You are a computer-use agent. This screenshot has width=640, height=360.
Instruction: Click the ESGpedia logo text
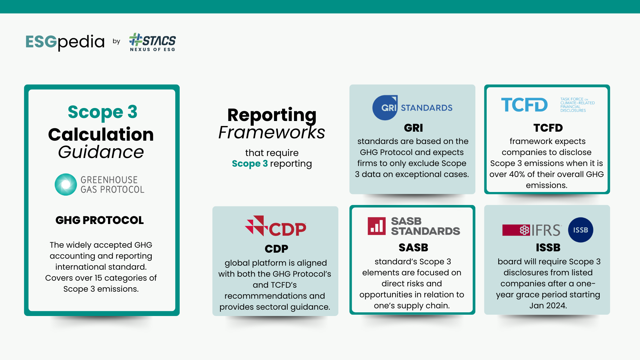tap(65, 42)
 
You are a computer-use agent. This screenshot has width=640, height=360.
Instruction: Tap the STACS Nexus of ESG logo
tap(153, 42)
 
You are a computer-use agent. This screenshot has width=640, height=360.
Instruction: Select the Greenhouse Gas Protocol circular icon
tap(66, 184)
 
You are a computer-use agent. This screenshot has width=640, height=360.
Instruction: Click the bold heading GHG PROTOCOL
tap(100, 220)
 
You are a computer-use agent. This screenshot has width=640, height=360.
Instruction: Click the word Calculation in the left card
tap(101, 134)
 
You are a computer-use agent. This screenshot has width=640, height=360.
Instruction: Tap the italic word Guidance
tap(101, 152)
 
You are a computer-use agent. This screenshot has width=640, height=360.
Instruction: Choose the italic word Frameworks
tap(272, 132)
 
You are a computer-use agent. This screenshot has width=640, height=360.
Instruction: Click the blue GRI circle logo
tap(385, 108)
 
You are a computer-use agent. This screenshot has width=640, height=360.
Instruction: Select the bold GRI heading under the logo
tap(413, 128)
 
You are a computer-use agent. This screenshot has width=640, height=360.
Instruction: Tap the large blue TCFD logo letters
tap(524, 105)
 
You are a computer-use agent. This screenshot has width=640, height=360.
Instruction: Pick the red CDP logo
tap(276, 226)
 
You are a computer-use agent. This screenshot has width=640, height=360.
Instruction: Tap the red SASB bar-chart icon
tap(377, 226)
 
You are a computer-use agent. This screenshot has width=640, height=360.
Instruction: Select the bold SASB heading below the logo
tap(413, 248)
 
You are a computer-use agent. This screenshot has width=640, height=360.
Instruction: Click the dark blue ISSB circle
tap(580, 230)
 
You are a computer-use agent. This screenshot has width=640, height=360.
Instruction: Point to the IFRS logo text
tap(546, 230)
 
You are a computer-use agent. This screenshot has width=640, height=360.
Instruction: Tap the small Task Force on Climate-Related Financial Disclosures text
tap(577, 105)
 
